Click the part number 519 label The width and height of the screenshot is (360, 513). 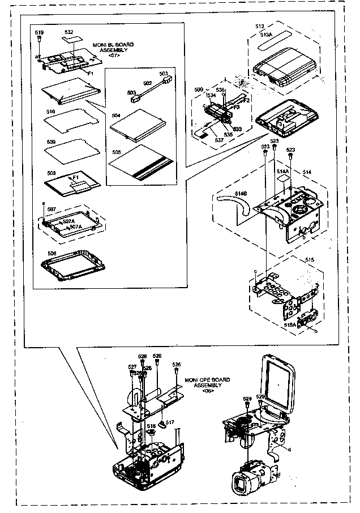point(39,33)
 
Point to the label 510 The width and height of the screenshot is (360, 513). point(50,112)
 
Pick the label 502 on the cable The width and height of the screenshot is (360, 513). point(147,83)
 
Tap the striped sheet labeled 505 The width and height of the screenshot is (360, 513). point(142,161)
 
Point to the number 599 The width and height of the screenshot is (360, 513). point(198,89)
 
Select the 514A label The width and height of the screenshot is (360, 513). point(282,170)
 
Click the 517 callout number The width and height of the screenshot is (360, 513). point(169,422)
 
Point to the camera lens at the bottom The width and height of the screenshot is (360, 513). point(242,486)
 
